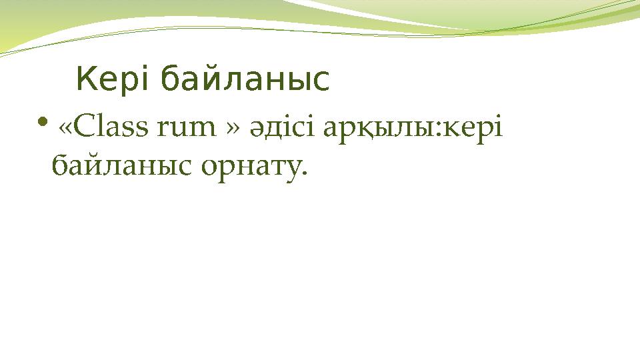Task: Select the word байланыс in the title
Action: click(x=245, y=80)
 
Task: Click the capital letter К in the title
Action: click(x=87, y=80)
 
